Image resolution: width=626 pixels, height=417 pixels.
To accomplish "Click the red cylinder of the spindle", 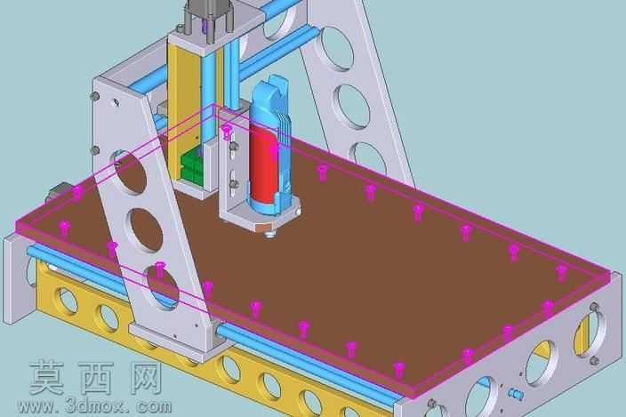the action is [263, 164].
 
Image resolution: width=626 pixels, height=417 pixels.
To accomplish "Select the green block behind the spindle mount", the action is [192, 164].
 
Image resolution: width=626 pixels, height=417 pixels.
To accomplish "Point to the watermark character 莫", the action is [47, 378].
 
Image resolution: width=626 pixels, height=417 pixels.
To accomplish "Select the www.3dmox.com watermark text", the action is [94, 406].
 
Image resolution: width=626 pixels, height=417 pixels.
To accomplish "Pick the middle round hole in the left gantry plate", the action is [145, 230].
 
